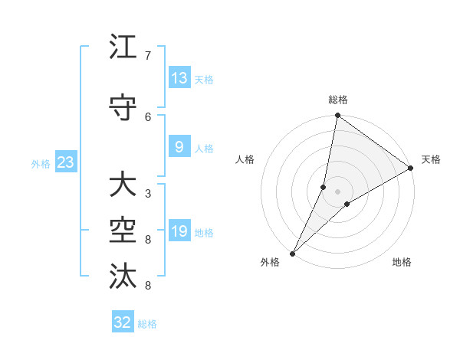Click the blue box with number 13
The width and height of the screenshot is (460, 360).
(x=179, y=77)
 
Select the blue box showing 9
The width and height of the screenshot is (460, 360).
(x=179, y=147)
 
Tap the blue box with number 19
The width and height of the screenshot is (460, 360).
(x=179, y=231)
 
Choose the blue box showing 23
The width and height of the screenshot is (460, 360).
(x=65, y=162)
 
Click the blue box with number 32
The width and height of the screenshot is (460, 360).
(x=123, y=322)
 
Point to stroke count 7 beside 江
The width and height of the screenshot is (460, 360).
(x=148, y=56)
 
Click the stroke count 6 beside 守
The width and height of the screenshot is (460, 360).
(x=148, y=116)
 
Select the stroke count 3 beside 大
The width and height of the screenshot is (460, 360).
(x=148, y=193)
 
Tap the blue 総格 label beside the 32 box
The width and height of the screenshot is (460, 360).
(x=147, y=324)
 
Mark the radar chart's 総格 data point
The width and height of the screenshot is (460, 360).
(x=337, y=116)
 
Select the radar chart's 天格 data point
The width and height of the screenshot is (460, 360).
(x=411, y=168)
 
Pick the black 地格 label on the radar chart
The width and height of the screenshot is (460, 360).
(x=402, y=262)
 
